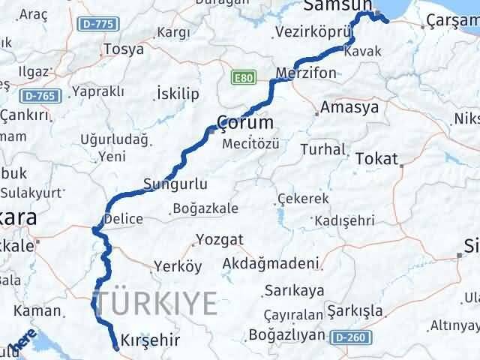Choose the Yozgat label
pyautogui.click(x=219, y=240)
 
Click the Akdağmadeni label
pyautogui.click(x=271, y=264)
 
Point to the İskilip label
pyautogui.click(x=178, y=93)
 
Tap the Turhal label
pyautogui.click(x=322, y=149)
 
